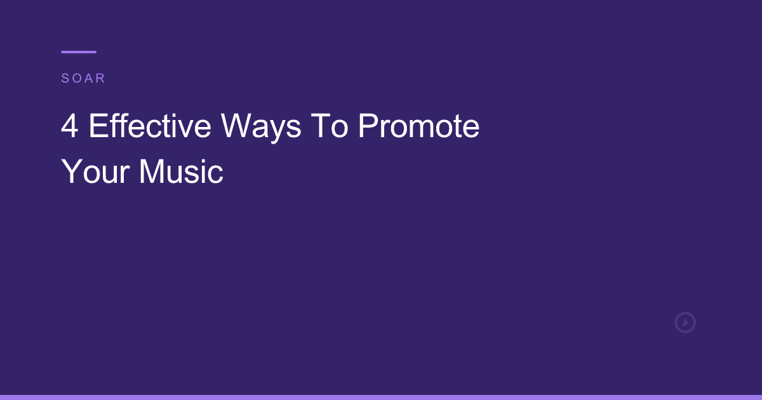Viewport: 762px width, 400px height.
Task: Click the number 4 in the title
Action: pyautogui.click(x=70, y=127)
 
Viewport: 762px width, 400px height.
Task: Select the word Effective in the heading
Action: pyautogui.click(x=150, y=127)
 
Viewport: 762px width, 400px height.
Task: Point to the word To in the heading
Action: pyautogui.click(x=329, y=127)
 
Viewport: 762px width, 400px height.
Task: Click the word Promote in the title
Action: pyautogui.click(x=418, y=127)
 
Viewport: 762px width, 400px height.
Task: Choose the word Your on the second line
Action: pyautogui.click(x=95, y=171)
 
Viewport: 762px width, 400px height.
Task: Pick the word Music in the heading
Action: pyautogui.click(x=181, y=171)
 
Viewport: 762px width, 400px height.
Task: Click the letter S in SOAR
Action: pyautogui.click(x=65, y=79)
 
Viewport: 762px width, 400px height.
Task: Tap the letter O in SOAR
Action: pyautogui.click(x=76, y=79)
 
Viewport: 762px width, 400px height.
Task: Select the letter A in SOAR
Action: pyautogui.click(x=89, y=79)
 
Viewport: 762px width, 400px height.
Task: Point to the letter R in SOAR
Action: pyautogui.click(x=101, y=79)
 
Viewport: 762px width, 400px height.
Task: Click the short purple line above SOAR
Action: pyautogui.click(x=79, y=52)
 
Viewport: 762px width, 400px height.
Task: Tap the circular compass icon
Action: pyautogui.click(x=685, y=323)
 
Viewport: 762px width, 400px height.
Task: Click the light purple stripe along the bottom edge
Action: pyautogui.click(x=381, y=397)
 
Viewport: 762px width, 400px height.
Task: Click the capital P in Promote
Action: pyautogui.click(x=368, y=127)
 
